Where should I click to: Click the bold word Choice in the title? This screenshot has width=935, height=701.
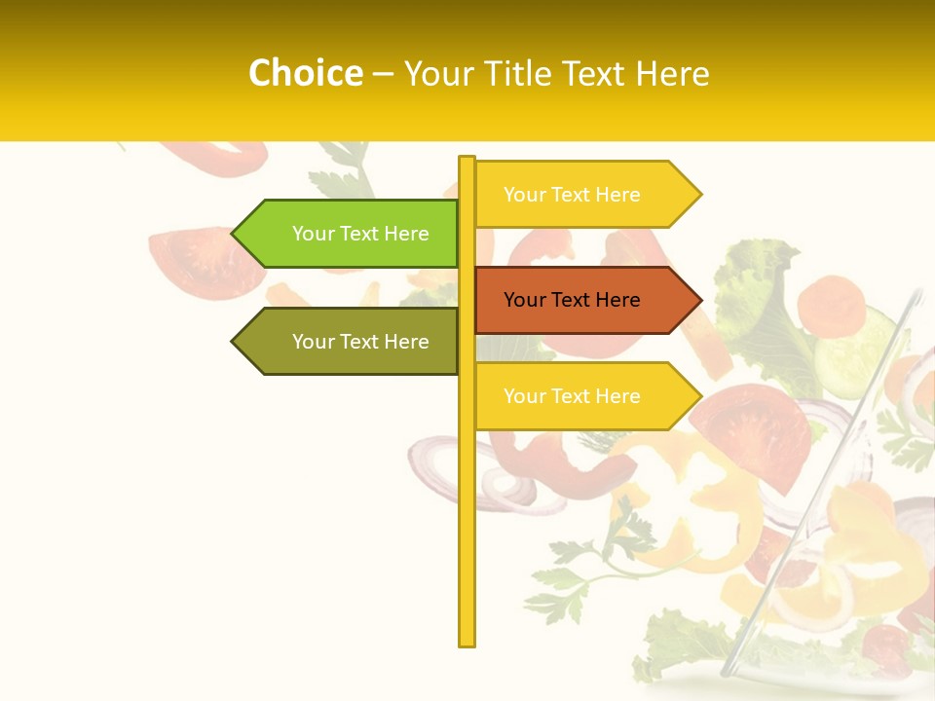pos(305,73)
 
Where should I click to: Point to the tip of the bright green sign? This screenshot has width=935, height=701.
pos(235,234)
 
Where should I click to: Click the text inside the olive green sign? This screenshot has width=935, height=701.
pos(360,342)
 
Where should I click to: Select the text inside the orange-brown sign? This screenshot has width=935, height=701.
pos(572,300)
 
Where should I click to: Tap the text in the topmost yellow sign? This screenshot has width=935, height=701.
pos(572,195)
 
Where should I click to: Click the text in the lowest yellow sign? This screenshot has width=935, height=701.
pos(572,396)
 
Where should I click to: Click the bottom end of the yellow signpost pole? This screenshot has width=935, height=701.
pos(467,643)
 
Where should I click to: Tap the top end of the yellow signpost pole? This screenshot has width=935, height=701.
pos(467,160)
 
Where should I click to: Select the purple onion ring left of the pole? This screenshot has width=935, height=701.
pos(438,467)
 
